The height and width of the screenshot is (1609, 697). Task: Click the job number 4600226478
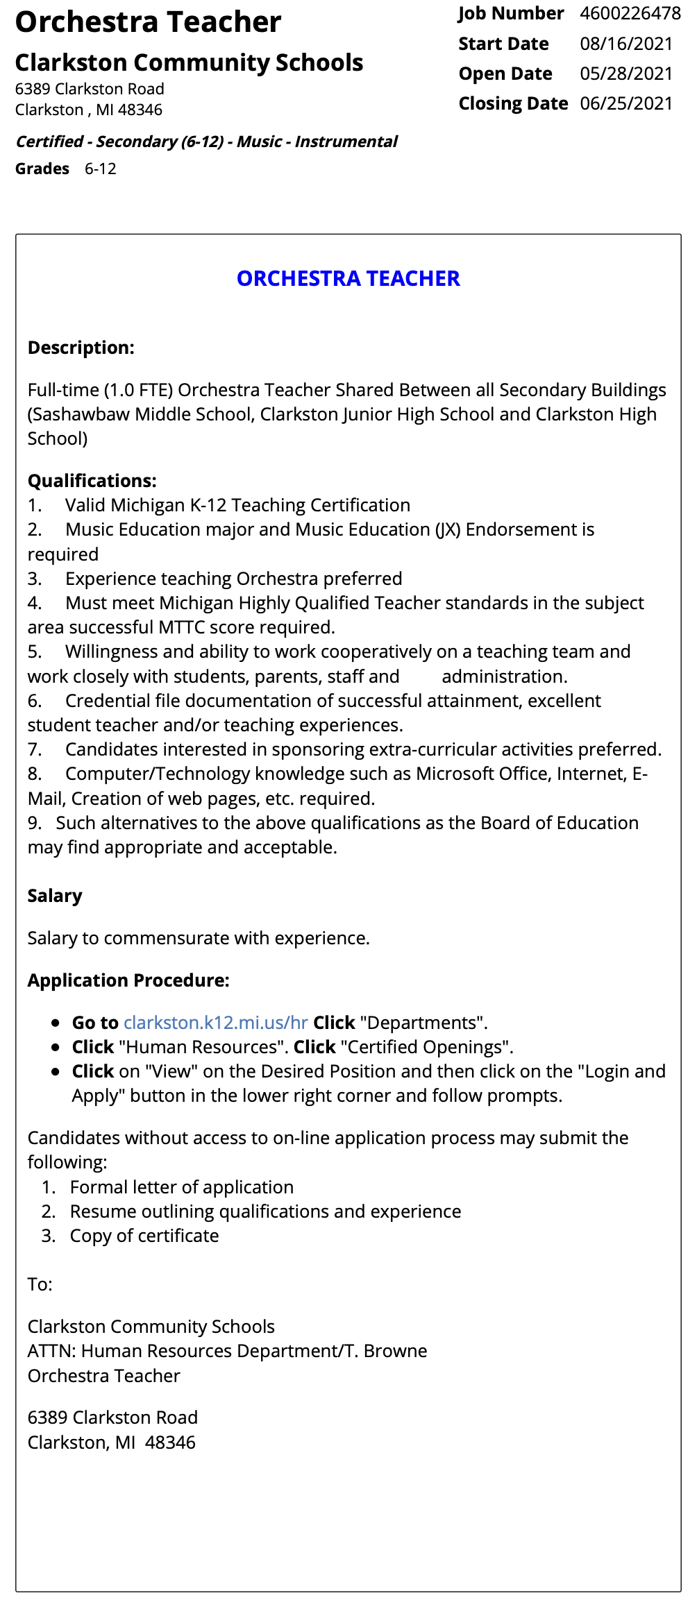(630, 14)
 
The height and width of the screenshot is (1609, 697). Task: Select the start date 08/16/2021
(626, 44)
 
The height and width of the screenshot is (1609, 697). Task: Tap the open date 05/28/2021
(626, 74)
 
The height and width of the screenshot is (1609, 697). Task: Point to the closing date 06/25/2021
(626, 103)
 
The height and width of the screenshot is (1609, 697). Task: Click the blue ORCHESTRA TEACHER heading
(348, 278)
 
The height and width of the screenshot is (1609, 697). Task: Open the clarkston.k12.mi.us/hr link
(215, 1023)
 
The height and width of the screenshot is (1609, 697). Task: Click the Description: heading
(81, 348)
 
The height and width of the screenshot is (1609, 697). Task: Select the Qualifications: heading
(92, 481)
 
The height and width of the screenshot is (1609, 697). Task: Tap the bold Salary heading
(55, 896)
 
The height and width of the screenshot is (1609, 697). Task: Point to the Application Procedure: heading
(128, 980)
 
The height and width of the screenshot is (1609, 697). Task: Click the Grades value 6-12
(101, 169)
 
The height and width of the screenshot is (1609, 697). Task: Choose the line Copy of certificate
(144, 1236)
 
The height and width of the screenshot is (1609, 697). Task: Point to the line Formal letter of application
(181, 1187)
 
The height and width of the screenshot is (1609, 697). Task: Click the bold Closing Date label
(513, 103)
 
